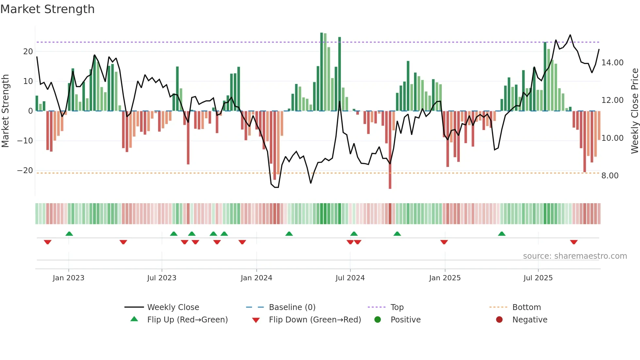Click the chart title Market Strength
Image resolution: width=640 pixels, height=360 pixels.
(x=47, y=9)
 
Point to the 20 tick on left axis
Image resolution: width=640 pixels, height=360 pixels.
(x=28, y=52)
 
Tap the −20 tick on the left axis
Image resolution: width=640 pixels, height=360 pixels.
(x=25, y=171)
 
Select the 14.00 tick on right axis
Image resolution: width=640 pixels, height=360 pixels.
(x=612, y=63)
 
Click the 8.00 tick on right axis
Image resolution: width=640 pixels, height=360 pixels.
(x=610, y=176)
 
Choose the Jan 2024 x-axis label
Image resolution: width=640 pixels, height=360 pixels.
(x=256, y=278)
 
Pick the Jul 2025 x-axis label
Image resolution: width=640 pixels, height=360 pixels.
(x=538, y=278)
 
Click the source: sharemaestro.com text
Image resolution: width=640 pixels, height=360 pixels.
(x=575, y=256)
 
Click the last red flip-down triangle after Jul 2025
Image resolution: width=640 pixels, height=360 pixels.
(x=574, y=242)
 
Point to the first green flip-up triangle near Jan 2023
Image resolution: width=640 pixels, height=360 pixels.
(x=69, y=234)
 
